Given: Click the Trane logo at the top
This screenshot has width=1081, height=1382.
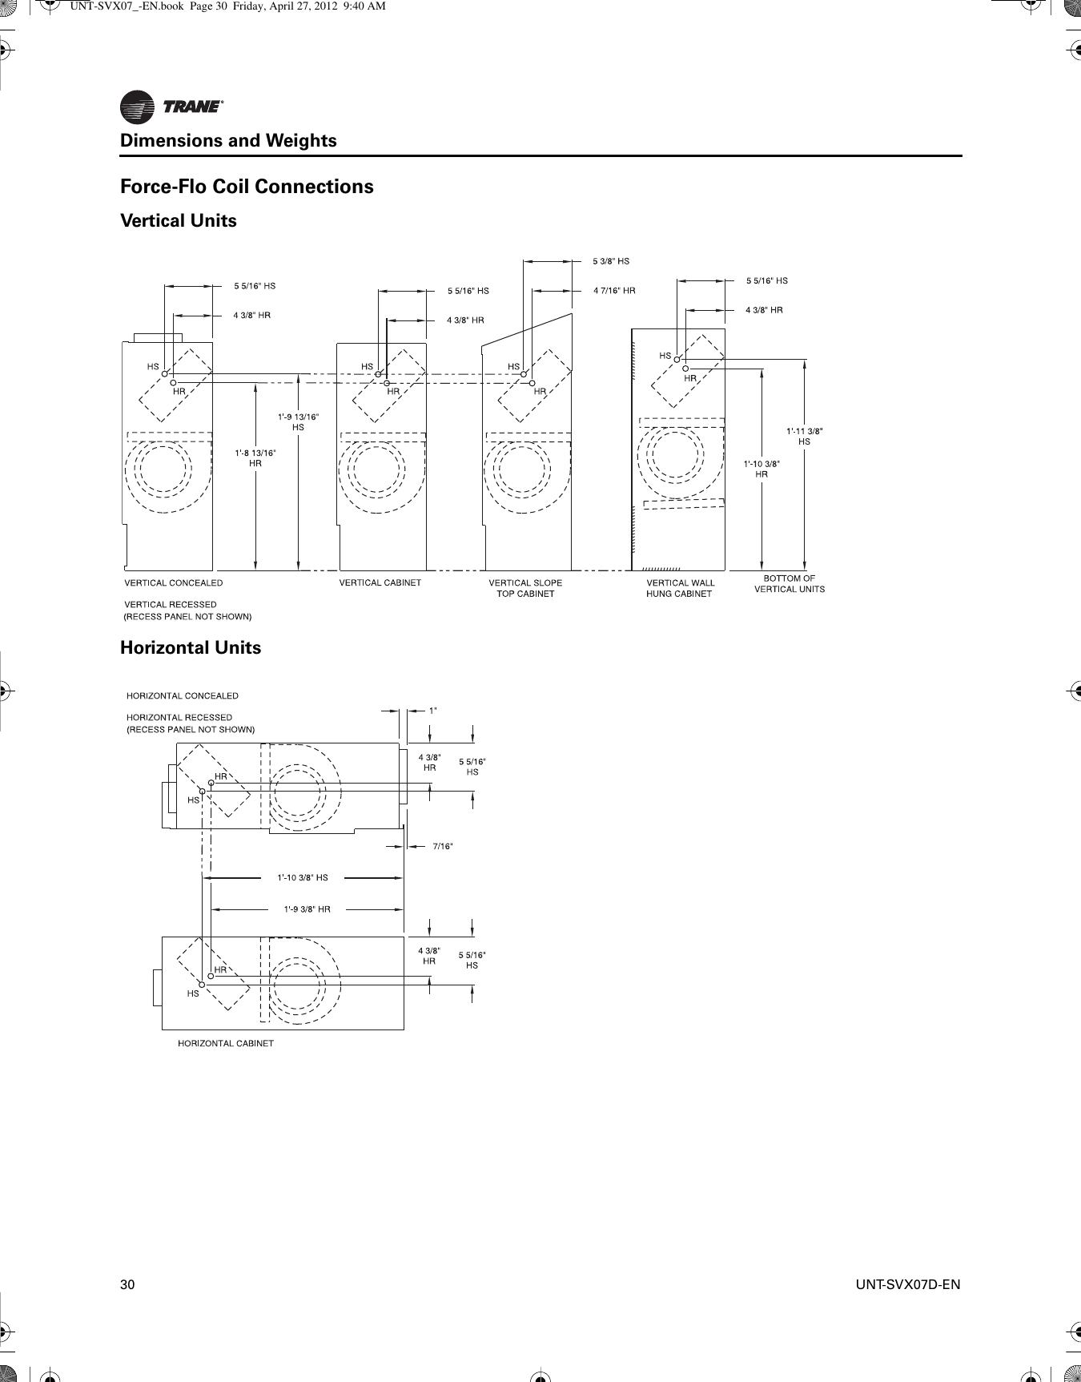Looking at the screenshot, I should [171, 107].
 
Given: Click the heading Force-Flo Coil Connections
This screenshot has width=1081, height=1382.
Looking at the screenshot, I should [247, 187].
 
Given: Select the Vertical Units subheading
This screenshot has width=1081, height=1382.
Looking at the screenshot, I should [179, 221].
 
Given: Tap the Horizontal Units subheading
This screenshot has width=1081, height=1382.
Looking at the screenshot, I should [191, 647].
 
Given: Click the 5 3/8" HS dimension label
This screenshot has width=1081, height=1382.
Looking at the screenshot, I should [611, 261].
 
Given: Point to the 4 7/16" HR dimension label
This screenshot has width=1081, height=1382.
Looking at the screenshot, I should [614, 291].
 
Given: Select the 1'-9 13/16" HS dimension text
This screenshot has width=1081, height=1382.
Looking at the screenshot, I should [298, 421].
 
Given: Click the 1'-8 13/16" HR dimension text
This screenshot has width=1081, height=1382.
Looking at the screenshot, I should [255, 457].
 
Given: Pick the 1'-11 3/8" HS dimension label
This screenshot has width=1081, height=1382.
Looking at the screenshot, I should [804, 436].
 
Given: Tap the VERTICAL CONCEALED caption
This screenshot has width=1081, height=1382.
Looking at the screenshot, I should [174, 582].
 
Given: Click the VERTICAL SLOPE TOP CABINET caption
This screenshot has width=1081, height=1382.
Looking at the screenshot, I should [525, 588].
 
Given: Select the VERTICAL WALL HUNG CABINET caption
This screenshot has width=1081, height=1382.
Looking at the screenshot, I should [680, 588].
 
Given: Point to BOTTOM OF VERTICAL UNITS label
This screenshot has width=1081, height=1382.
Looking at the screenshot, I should [789, 583].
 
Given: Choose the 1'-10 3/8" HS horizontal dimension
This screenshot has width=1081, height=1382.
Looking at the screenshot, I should [302, 877].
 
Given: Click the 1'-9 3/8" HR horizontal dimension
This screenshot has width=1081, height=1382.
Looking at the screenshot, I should [307, 909].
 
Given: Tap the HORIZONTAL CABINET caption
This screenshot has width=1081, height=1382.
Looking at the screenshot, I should [225, 1043].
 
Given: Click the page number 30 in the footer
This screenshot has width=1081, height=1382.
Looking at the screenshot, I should [127, 1285].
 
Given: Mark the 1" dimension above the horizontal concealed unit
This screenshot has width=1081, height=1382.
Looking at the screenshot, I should [432, 710].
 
